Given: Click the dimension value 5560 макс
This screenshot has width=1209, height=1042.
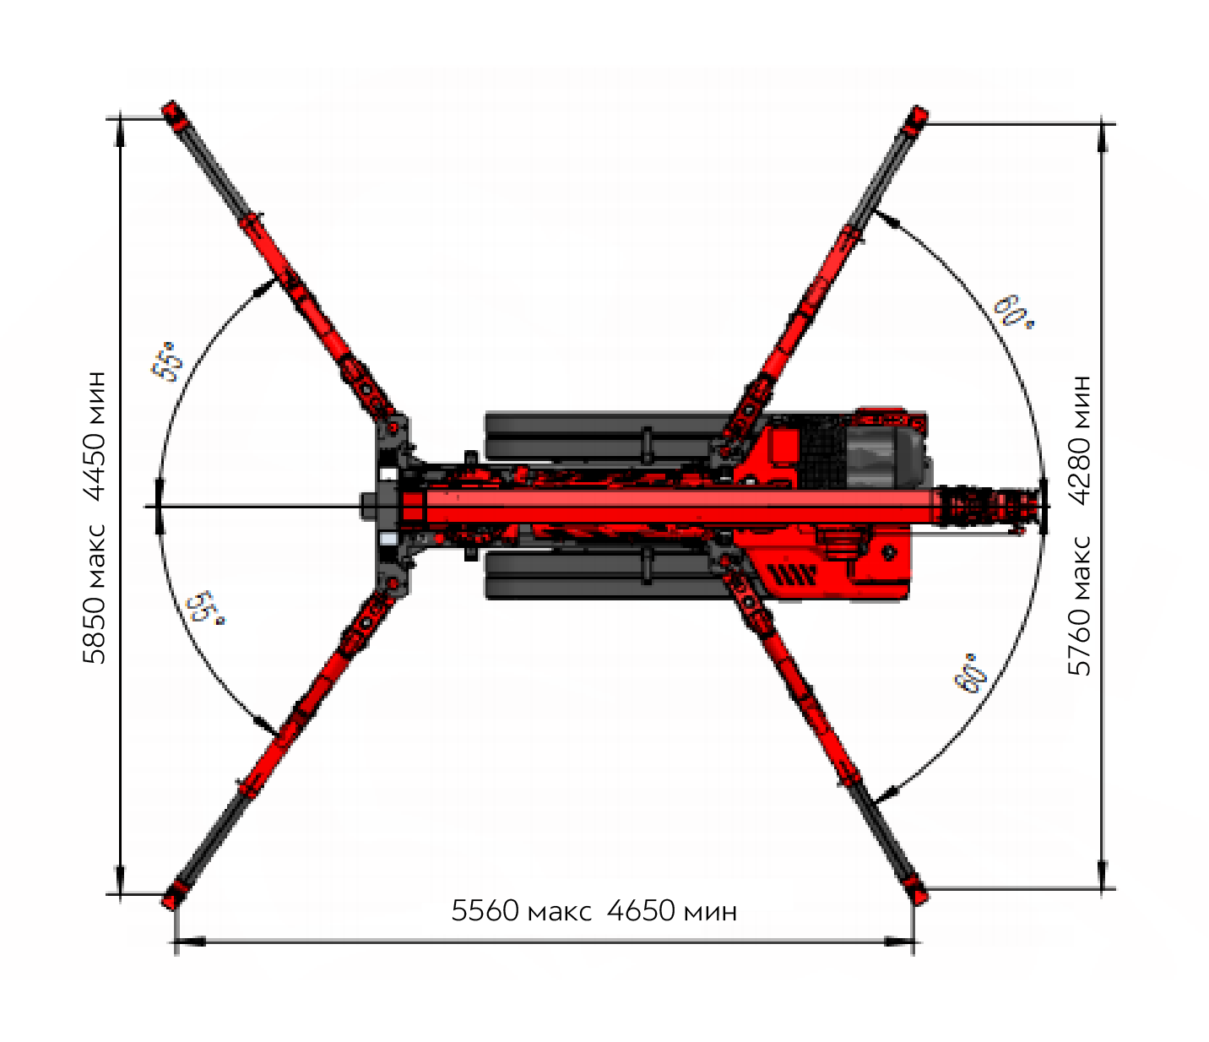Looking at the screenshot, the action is (x=521, y=911).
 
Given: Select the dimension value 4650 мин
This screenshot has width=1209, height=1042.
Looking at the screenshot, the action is (x=671, y=911).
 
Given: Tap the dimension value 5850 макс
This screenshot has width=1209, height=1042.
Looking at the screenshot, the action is (x=95, y=594).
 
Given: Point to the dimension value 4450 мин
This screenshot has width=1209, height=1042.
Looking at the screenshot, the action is (x=95, y=437).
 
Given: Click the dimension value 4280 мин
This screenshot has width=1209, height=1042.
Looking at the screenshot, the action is (x=1079, y=440).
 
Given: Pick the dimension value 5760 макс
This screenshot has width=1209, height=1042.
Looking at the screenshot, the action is (x=1079, y=606).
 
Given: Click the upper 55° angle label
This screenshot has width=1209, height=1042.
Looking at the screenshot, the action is (x=167, y=362).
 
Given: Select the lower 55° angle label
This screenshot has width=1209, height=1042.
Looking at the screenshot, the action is (x=204, y=609).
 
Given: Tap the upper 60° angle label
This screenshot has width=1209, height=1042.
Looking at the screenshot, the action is (x=1014, y=312).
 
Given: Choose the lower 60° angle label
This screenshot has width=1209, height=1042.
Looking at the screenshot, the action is (x=970, y=674).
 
